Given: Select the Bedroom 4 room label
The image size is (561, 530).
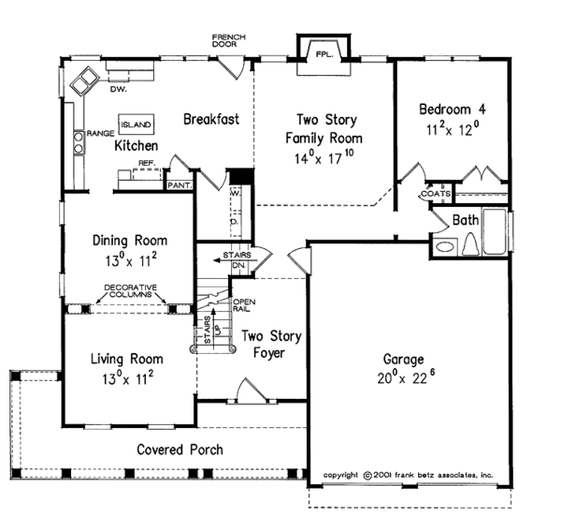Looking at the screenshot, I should point(452,108).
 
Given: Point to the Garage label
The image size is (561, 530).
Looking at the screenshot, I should point(404,359).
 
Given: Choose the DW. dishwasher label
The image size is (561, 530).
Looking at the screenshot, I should point(118,90).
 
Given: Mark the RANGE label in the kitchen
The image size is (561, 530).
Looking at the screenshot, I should point(100,134).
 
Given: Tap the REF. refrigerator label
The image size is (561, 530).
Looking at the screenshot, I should point(146,163).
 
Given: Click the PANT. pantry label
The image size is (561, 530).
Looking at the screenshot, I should point(180,184).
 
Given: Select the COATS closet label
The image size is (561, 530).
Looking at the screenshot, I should point(436,194).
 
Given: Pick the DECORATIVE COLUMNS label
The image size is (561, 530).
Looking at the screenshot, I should point(130,290).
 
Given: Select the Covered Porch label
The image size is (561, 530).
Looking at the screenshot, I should point(180,449).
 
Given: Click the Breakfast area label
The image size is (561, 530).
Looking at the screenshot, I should point(211,119).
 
